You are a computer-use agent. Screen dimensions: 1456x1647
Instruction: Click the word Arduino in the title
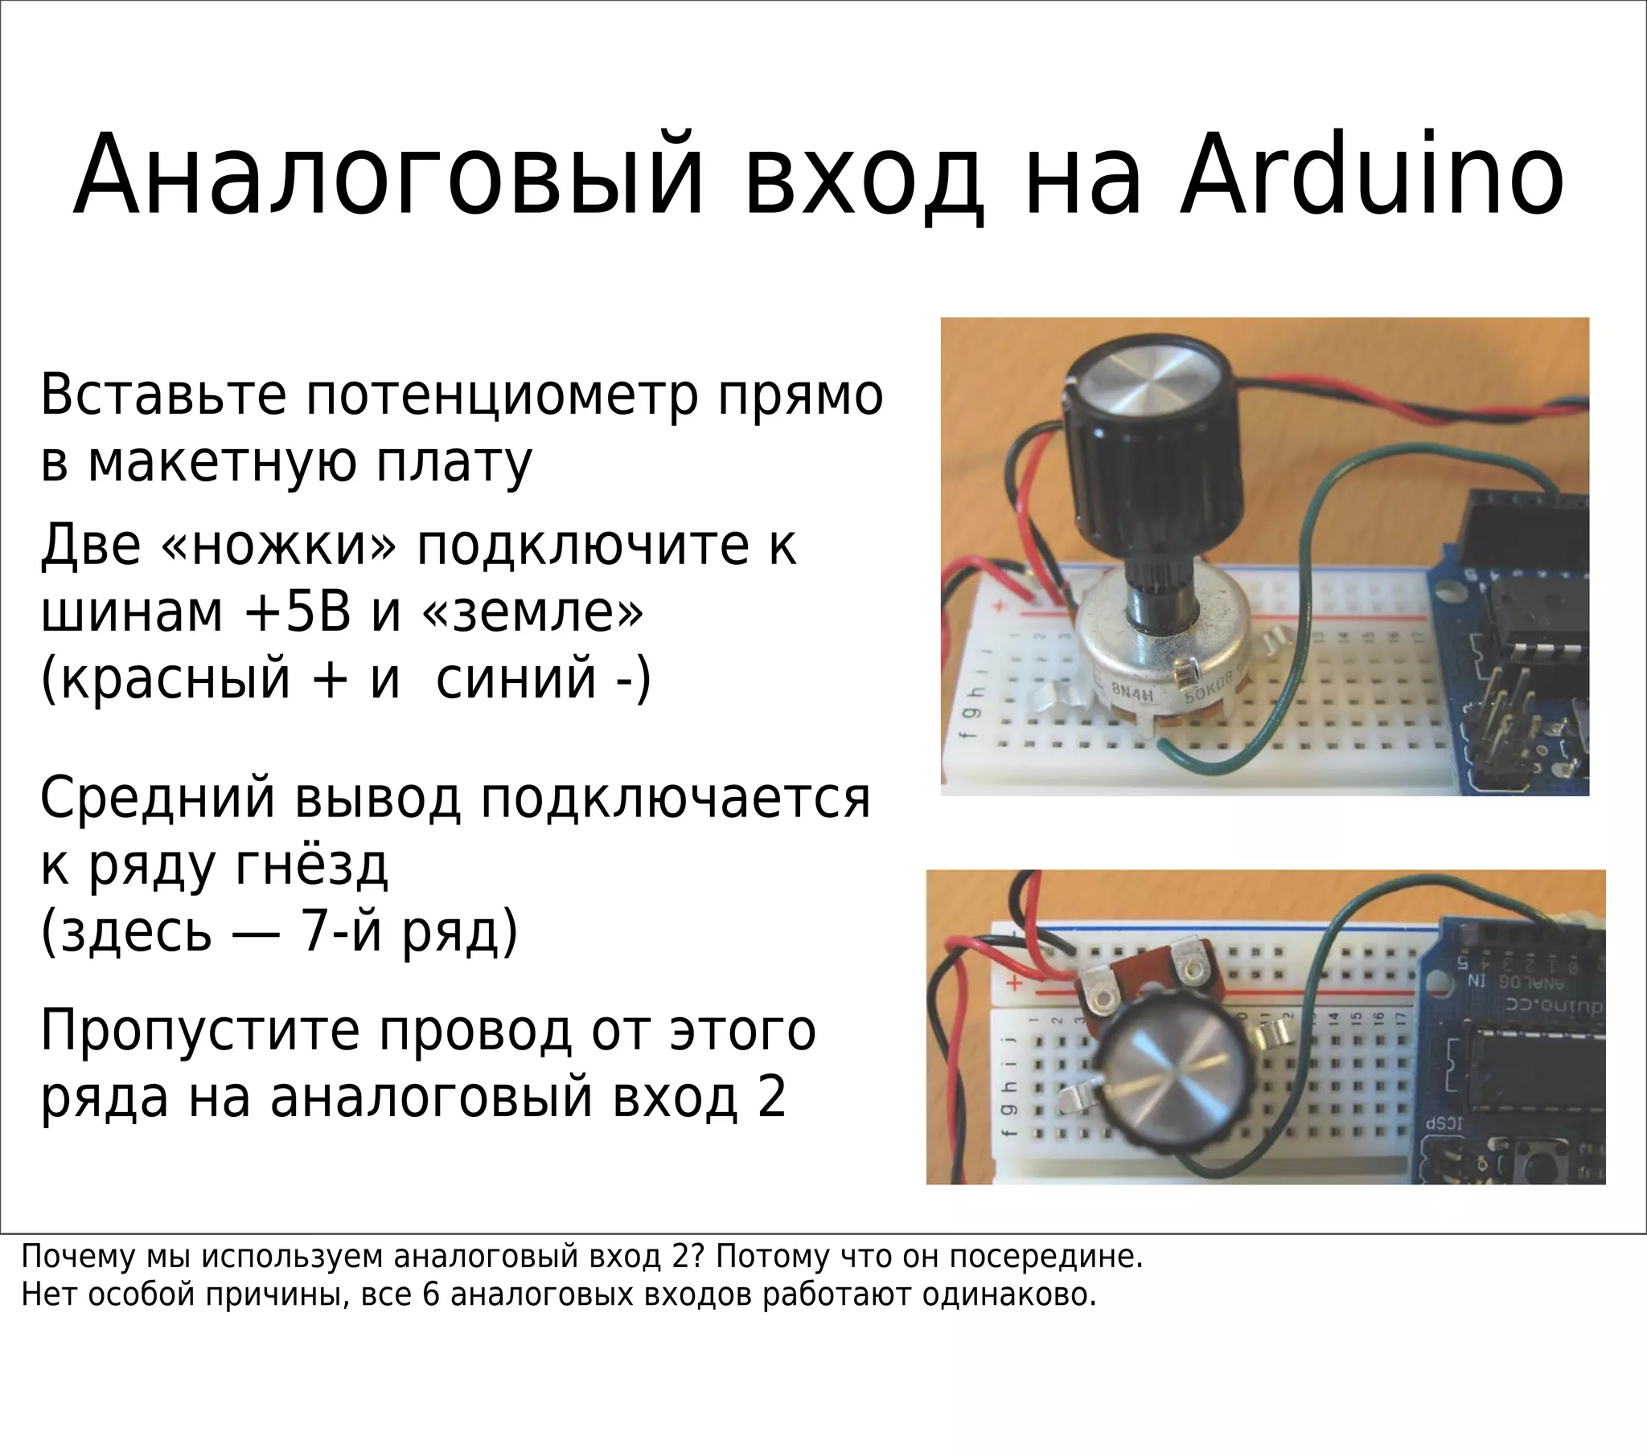(1371, 175)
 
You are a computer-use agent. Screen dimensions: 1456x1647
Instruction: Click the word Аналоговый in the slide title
(389, 175)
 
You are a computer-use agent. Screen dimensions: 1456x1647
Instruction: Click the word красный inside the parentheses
(175, 678)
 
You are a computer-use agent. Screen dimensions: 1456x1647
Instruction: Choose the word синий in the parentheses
(515, 678)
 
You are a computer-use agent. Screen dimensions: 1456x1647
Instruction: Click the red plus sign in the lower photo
(1015, 984)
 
